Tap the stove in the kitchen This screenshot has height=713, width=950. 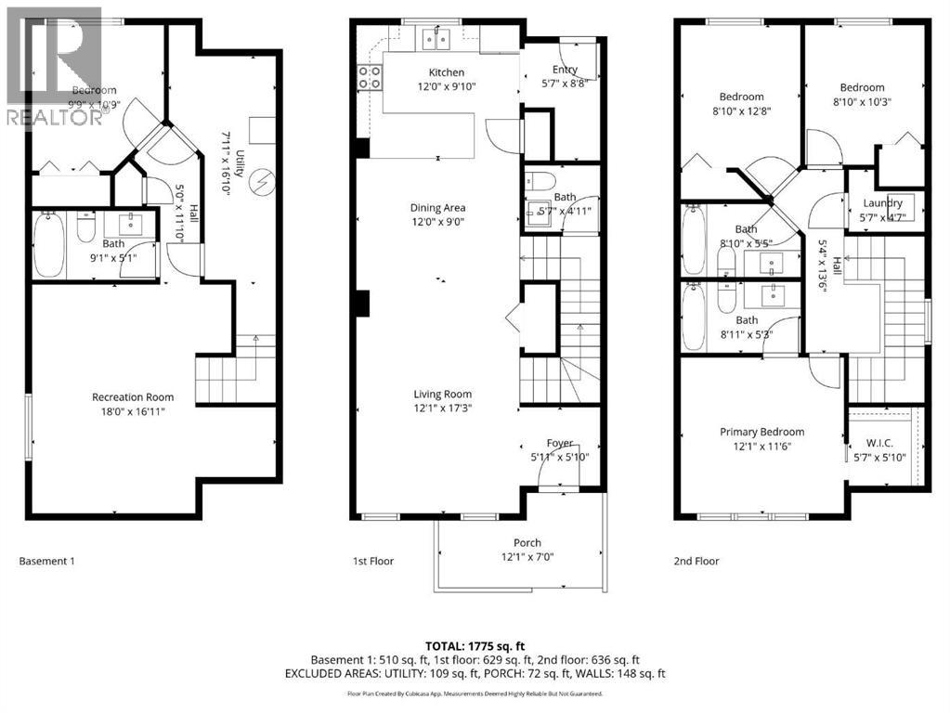tap(369, 77)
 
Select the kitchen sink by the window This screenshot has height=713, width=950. tap(435, 38)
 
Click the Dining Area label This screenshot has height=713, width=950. tap(437, 208)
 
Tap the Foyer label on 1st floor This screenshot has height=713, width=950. tap(559, 443)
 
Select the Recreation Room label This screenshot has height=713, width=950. tap(132, 397)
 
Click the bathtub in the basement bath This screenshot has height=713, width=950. tap(47, 246)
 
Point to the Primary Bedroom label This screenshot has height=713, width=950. tap(761, 432)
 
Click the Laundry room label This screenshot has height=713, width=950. tap(882, 203)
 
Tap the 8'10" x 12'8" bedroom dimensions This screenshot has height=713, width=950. tap(740, 110)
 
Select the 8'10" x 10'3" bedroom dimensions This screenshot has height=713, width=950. tap(862, 102)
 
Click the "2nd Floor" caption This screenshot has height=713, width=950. tap(696, 561)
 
